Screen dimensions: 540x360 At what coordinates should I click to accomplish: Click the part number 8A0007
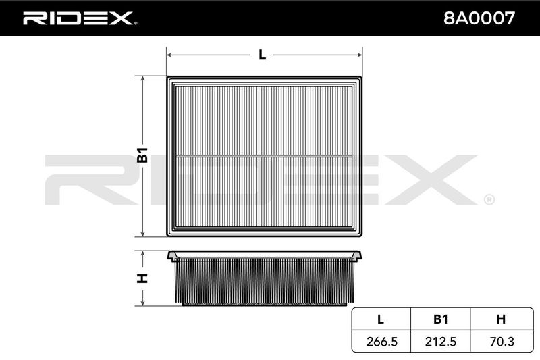[479, 18]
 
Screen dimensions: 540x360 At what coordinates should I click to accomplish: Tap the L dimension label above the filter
[262, 55]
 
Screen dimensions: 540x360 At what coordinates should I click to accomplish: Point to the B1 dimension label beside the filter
[142, 155]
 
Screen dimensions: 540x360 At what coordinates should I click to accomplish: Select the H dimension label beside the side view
[142, 278]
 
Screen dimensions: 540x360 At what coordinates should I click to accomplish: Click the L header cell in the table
[381, 319]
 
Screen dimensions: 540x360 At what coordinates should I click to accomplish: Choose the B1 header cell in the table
[441, 319]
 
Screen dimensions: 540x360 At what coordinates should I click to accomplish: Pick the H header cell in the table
[501, 319]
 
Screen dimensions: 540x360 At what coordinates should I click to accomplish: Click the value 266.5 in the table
[382, 342]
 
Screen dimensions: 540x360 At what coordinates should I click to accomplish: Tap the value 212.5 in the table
[441, 342]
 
